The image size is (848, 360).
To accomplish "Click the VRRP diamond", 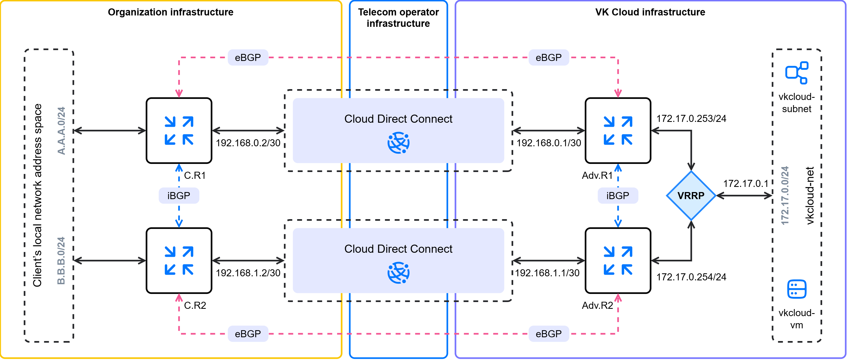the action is pyautogui.click(x=691, y=196).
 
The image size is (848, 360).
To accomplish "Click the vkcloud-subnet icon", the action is pyautogui.click(x=797, y=73).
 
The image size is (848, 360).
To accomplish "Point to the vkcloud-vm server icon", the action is pyautogui.click(x=797, y=289).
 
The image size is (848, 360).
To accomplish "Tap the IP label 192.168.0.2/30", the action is pyautogui.click(x=248, y=143).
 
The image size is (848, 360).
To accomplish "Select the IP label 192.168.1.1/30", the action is pyautogui.click(x=547, y=273).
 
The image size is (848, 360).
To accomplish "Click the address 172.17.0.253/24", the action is pyautogui.click(x=691, y=118).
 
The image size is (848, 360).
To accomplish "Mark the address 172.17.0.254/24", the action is pyautogui.click(x=691, y=277).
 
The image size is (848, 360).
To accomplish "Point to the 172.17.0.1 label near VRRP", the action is pyautogui.click(x=746, y=183).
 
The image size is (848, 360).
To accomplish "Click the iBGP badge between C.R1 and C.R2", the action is pyautogui.click(x=179, y=196).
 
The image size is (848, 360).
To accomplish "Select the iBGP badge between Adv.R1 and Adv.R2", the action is pyautogui.click(x=618, y=196).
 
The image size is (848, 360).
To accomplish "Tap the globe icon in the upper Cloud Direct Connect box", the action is pyautogui.click(x=398, y=142).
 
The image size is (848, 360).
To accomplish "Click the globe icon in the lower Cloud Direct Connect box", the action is pyautogui.click(x=398, y=273).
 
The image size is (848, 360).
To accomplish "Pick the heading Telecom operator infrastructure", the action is pyautogui.click(x=398, y=18).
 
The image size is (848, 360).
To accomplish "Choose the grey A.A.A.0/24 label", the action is pyautogui.click(x=61, y=131).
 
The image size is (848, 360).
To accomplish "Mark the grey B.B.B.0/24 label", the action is pyautogui.click(x=61, y=261).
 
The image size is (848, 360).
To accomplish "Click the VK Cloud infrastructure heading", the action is pyautogui.click(x=650, y=12).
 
